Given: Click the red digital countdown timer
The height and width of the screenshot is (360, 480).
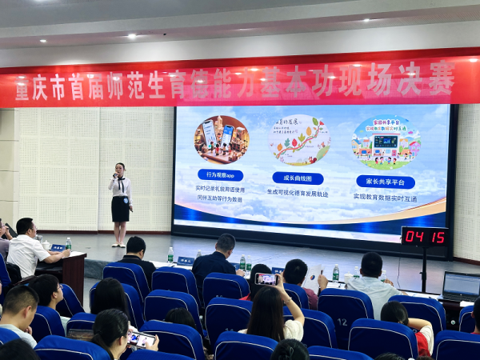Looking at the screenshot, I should pyautogui.click(x=424, y=237).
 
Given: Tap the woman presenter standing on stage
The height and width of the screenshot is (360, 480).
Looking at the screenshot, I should pyautogui.click(x=120, y=204).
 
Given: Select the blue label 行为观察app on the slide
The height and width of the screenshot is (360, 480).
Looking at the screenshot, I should pyautogui.click(x=220, y=174).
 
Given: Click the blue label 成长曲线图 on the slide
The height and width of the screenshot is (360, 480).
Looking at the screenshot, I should pyautogui.click(x=298, y=178).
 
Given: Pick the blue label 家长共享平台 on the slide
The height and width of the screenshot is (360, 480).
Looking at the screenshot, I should pyautogui.click(x=385, y=182).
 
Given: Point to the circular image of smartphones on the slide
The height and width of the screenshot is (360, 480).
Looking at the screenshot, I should pyautogui.click(x=222, y=139).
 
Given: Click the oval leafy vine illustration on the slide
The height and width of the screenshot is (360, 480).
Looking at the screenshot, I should pyautogui.click(x=300, y=140).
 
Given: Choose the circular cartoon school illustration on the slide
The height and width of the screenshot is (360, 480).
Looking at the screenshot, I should pyautogui.click(x=386, y=142).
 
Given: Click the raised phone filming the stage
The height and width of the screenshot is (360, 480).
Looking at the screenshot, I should pyautogui.click(x=266, y=279).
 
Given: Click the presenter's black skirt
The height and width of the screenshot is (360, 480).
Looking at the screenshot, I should pyautogui.click(x=120, y=209).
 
